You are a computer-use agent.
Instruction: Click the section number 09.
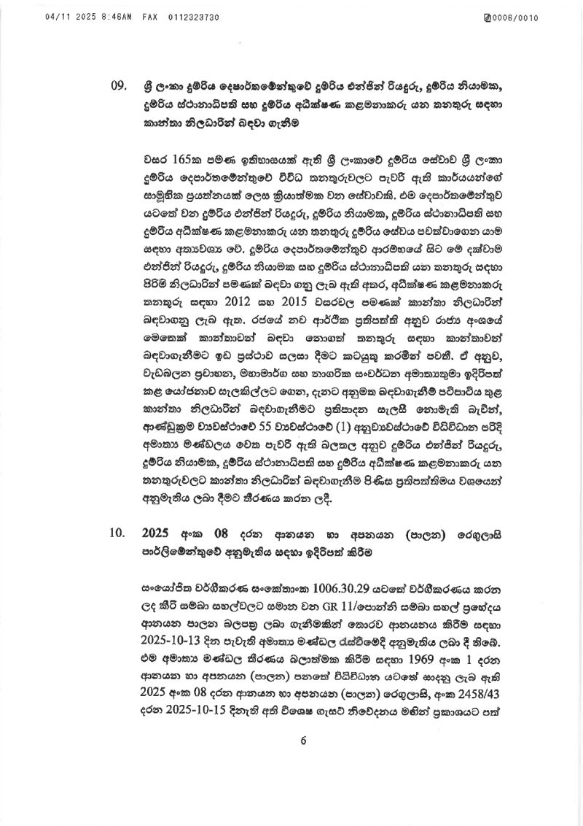click(x=118, y=85)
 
